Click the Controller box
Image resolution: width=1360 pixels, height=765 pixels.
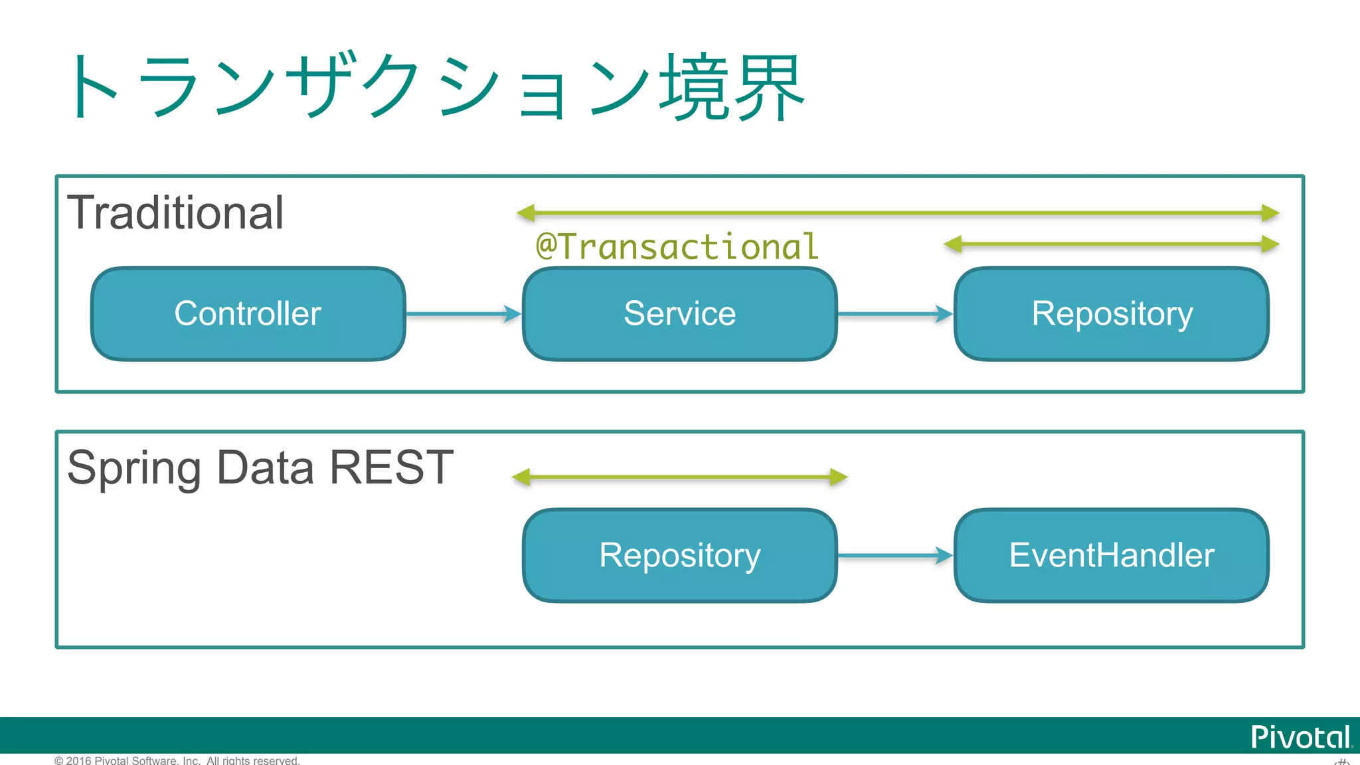coord(248,313)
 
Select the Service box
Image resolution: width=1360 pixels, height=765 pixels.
coord(679,313)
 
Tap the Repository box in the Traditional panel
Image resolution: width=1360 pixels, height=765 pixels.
coord(1112,313)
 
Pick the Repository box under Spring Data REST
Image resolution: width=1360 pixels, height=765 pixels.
coord(679,555)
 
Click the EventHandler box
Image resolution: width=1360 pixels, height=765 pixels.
coord(1112,555)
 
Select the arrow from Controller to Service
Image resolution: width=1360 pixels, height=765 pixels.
coord(463,314)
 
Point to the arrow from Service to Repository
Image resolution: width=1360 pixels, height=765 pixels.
coord(894,314)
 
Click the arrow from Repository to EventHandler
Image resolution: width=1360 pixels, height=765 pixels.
coord(894,555)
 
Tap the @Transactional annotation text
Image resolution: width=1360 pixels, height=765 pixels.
coord(677,247)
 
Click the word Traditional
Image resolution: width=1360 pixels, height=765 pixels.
coord(175,213)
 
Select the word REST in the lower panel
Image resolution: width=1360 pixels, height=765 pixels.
coord(391,467)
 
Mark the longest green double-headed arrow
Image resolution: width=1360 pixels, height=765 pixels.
coord(897,213)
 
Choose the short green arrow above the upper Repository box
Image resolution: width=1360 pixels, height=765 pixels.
coord(1111,244)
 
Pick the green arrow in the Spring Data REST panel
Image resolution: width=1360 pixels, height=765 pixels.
coord(679,477)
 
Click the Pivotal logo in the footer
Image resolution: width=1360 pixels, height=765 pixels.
coord(1300,737)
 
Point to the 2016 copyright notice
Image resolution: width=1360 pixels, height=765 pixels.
coord(177,760)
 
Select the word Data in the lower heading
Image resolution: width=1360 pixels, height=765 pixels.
coord(265,467)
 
